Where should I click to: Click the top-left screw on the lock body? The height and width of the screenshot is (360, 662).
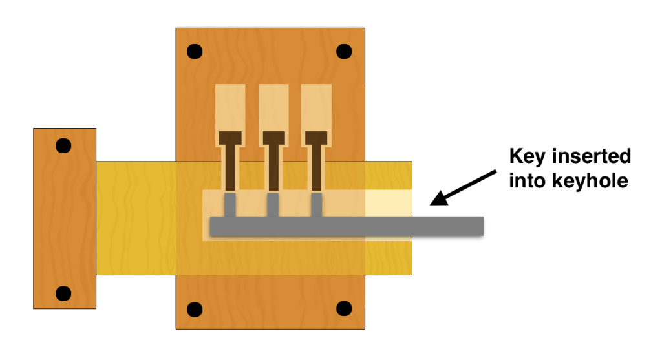193,51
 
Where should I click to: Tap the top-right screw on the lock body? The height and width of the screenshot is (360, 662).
343,51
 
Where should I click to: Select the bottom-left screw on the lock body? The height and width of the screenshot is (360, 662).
193,309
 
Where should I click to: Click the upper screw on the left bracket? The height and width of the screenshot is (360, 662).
63,145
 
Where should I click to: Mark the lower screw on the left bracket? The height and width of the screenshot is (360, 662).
63,294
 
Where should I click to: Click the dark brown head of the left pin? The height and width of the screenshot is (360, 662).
230,138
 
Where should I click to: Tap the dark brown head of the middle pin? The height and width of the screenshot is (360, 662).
273,138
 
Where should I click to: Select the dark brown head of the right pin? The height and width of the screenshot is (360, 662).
316,138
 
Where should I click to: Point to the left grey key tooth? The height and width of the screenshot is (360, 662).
230,205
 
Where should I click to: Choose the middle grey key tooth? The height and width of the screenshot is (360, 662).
273,205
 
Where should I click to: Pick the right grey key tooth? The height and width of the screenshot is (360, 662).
316,205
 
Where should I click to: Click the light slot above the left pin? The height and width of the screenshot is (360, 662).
230,107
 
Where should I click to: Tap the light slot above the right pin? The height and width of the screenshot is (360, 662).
316,107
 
